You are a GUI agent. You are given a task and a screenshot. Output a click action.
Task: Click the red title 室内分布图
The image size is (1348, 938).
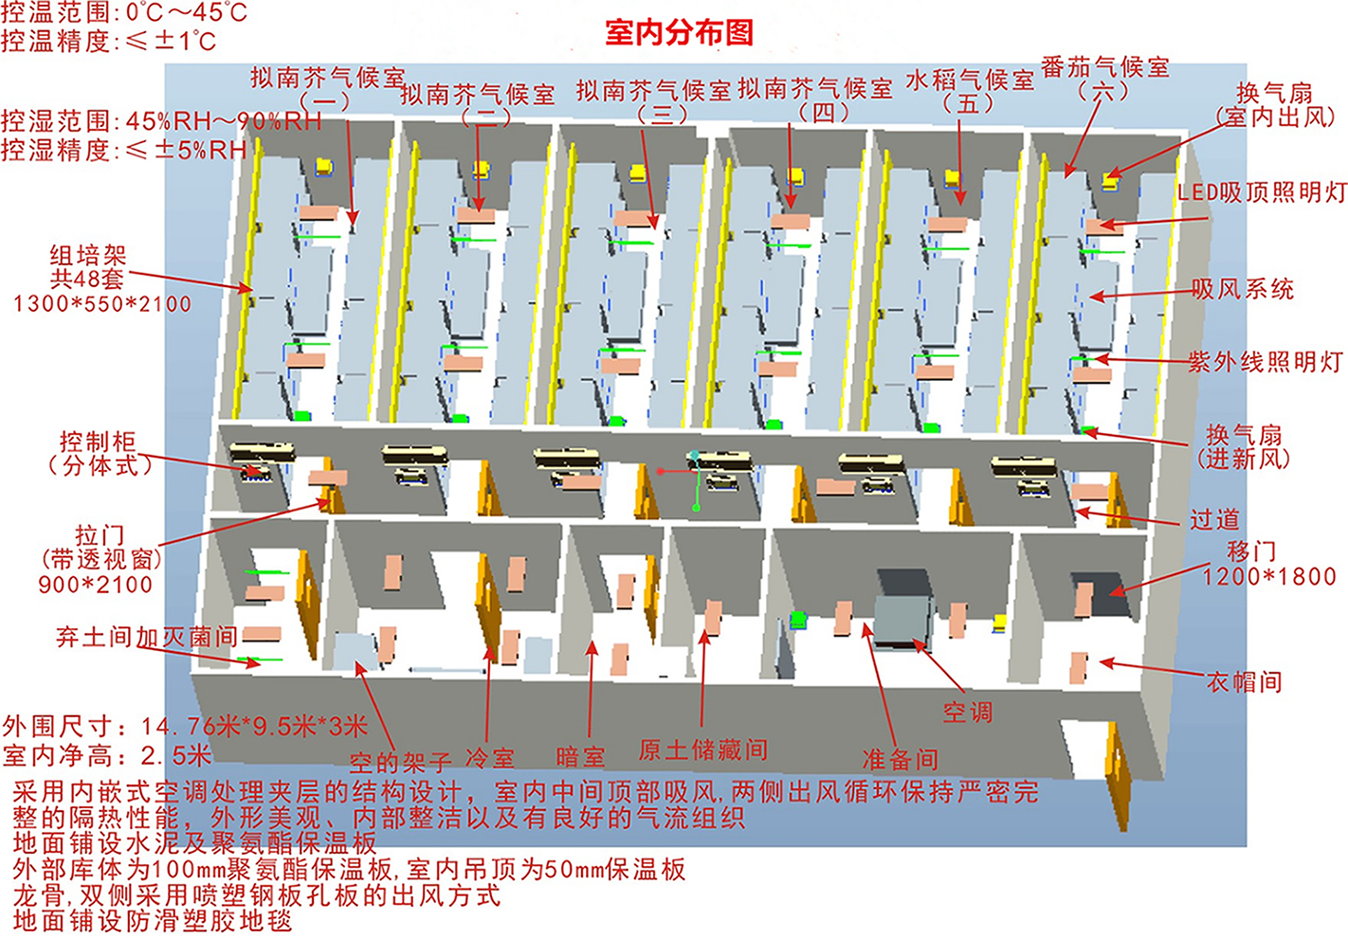(x=679, y=32)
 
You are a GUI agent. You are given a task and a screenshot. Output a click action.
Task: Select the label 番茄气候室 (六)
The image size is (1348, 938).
(x=1105, y=79)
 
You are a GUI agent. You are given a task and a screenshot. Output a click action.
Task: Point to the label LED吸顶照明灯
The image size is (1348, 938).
(x=1262, y=192)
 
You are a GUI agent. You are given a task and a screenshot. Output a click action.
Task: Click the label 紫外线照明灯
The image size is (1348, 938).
(x=1265, y=362)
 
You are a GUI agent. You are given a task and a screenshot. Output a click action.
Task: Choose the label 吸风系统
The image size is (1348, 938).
(x=1243, y=289)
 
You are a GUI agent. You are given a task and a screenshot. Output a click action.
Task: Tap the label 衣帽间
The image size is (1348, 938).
(x=1244, y=682)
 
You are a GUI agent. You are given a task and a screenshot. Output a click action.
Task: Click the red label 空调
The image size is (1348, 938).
(x=968, y=713)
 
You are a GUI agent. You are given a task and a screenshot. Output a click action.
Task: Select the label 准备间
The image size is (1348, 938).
(x=901, y=759)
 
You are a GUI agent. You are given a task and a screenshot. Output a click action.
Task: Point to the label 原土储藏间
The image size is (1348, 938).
(x=702, y=749)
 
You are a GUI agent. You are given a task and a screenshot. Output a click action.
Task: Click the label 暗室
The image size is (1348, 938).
(x=580, y=757)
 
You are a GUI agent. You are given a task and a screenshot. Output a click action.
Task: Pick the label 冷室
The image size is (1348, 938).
(x=490, y=758)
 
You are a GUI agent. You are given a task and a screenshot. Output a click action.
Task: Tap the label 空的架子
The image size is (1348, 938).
(x=400, y=763)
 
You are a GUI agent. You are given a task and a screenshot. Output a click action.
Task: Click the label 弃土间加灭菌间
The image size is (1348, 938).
(x=147, y=637)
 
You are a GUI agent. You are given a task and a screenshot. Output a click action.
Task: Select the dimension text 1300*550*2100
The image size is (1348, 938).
(x=102, y=304)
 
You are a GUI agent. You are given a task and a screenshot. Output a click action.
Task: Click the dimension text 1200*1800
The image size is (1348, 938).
(x=1269, y=576)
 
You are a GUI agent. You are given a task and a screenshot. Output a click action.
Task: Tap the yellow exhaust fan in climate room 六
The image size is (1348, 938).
(x=1110, y=180)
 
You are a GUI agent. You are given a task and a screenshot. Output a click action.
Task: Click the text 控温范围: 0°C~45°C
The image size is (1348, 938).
(x=124, y=12)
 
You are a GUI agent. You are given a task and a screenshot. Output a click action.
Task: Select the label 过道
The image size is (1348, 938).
(x=1214, y=519)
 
